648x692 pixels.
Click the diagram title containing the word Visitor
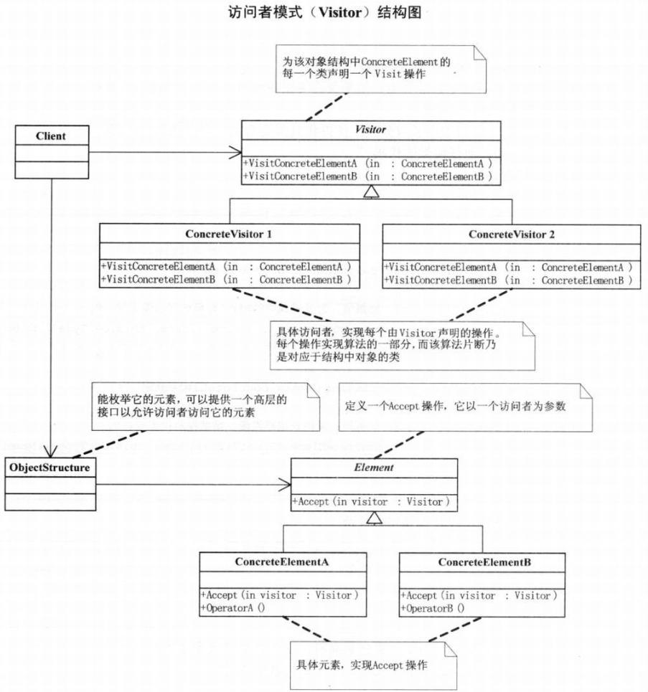[x=322, y=12]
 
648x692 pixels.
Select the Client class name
[x=52, y=135]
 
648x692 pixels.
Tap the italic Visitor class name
[x=371, y=131]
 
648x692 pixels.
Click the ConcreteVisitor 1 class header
[x=228, y=234]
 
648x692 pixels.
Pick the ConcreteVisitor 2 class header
[x=511, y=234]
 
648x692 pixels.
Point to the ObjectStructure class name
[x=50, y=468]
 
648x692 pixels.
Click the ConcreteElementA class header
[x=281, y=561]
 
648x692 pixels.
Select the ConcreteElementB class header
[x=486, y=561]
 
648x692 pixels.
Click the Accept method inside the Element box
[x=370, y=502]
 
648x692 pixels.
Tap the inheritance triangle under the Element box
[x=372, y=518]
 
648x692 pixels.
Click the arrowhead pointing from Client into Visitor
[x=236, y=152]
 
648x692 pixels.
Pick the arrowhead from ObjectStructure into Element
[x=285, y=485]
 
